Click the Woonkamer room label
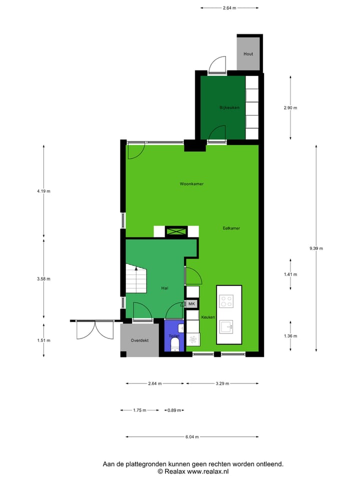(x=191, y=184)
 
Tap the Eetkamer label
(x=231, y=228)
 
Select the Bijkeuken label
(x=229, y=107)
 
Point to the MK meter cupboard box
(x=192, y=303)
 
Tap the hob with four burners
(x=226, y=300)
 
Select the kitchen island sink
(x=228, y=327)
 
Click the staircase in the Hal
(x=135, y=280)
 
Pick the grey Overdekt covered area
(x=139, y=340)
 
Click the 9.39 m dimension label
(x=316, y=248)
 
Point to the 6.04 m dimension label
(x=192, y=437)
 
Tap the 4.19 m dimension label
(x=43, y=190)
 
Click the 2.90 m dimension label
(x=290, y=107)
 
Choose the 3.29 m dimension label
(x=222, y=383)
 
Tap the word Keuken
(x=208, y=317)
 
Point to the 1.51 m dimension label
(x=43, y=340)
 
